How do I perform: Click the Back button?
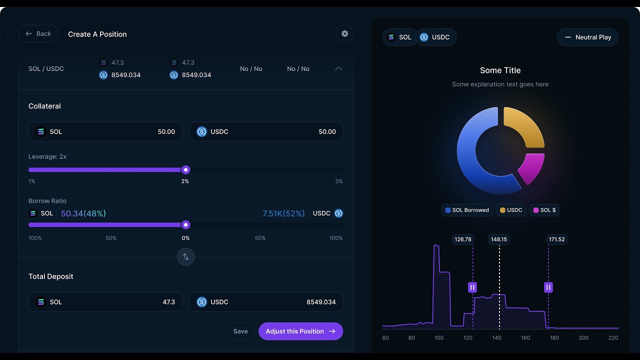coord(38,33)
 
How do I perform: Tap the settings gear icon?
coord(345,33)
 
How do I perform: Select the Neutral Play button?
coord(587,37)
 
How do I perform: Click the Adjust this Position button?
coord(300,331)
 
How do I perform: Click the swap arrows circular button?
coord(185,256)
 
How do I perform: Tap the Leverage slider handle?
coord(185,170)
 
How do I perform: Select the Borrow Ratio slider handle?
coord(185,225)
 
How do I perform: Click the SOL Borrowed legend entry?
coord(467,210)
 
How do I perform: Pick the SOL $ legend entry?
coord(544,210)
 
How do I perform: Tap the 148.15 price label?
coord(499,239)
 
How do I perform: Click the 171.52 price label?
coord(557,239)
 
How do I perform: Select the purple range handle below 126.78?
coord(472,287)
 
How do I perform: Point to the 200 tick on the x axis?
coord(583,337)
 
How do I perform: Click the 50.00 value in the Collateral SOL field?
coord(166,131)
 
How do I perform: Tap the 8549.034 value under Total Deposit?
coord(321,302)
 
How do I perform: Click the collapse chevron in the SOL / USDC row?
coord(338,68)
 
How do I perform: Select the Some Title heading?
coord(500,70)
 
